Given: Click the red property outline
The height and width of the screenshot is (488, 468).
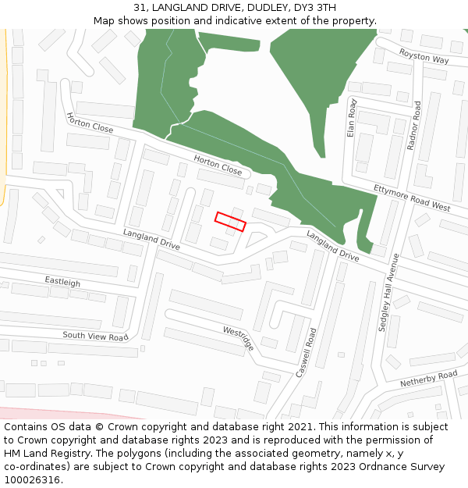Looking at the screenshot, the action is [230, 222].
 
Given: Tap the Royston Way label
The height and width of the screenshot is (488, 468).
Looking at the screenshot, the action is [424, 56].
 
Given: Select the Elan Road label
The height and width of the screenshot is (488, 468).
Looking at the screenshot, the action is [352, 118].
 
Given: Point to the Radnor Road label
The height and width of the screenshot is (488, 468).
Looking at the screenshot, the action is [414, 126].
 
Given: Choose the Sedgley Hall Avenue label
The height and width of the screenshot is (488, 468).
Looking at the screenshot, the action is [388, 292].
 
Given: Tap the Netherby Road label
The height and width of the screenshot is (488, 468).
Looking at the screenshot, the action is [428, 380].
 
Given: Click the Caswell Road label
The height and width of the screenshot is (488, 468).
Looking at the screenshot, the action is [306, 353].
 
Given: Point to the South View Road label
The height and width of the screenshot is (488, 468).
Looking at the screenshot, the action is [95, 337].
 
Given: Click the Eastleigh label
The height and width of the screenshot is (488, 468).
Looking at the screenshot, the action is [62, 281].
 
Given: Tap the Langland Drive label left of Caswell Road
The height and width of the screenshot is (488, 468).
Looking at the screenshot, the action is [151, 240].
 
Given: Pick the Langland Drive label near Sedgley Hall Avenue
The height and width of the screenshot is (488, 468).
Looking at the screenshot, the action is [332, 246].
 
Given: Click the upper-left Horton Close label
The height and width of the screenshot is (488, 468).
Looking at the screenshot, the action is [90, 123].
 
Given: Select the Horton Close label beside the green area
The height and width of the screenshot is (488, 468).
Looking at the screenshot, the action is [218, 165].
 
